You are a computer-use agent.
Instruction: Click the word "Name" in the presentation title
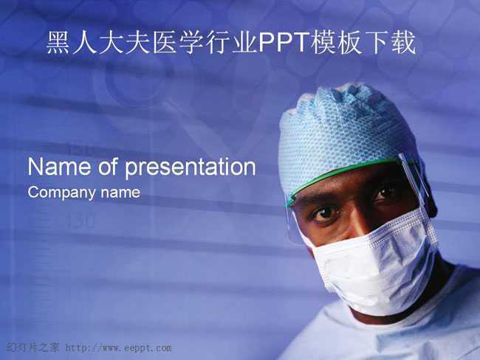(59, 167)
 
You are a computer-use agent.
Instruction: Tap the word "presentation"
(191, 168)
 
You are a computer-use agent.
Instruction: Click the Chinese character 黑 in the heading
(58, 43)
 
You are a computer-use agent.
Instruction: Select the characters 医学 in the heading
(177, 43)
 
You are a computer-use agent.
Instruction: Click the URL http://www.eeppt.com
(118, 347)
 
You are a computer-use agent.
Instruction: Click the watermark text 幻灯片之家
(32, 347)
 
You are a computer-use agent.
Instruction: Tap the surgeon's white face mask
(375, 263)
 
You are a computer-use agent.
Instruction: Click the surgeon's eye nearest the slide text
(325, 212)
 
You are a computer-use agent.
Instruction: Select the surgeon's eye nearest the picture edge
(385, 193)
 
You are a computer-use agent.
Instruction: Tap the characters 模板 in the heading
(336, 43)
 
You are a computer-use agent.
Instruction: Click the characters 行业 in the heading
(231, 43)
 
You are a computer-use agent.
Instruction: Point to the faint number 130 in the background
(80, 221)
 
